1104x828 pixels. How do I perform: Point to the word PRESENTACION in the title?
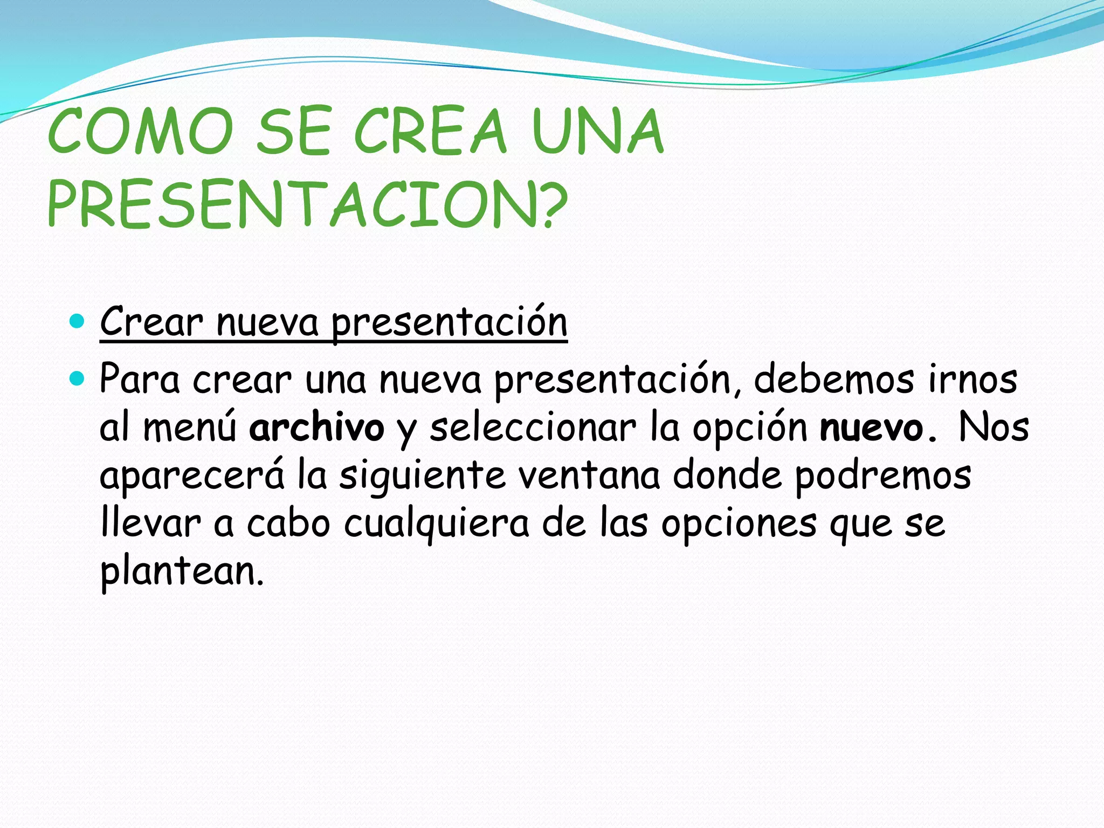294,205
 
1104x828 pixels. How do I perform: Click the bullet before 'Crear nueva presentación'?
78,322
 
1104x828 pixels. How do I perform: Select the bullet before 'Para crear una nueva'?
78,379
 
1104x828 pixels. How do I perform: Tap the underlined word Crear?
151,322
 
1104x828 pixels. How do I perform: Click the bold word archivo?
316,427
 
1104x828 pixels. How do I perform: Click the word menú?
189,427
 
